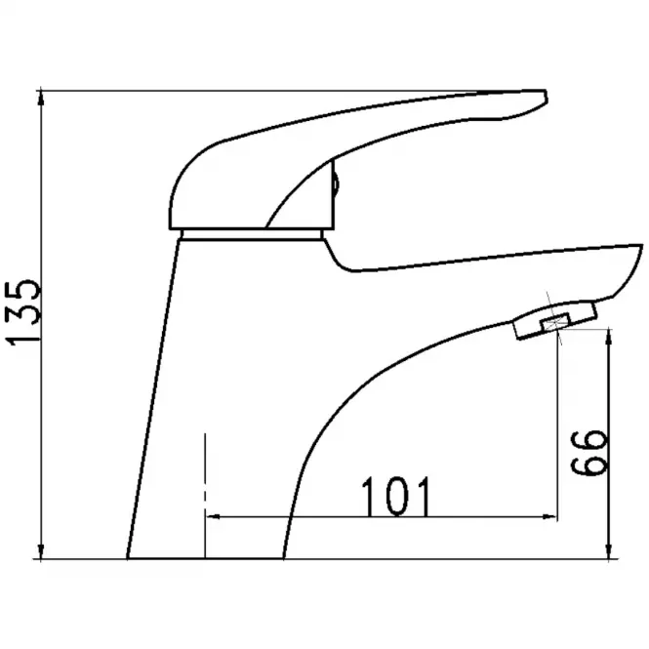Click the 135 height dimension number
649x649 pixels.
click(x=22, y=312)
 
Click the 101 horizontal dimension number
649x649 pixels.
click(x=396, y=497)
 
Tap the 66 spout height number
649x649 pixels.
click(x=588, y=453)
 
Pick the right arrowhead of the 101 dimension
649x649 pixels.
click(x=548, y=516)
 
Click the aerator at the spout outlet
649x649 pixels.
click(x=555, y=321)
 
